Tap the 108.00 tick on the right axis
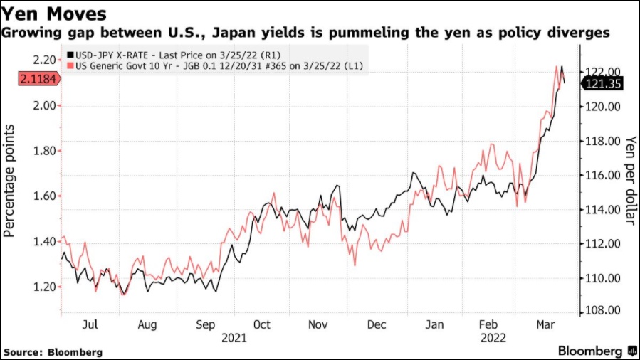[x=604, y=311]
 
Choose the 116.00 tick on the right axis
[x=604, y=175]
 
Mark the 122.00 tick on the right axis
[x=604, y=71]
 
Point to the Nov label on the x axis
[x=318, y=324]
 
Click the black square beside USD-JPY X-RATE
[x=69, y=54]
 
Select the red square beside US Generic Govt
[x=69, y=65]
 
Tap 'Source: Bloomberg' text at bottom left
[x=53, y=351]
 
